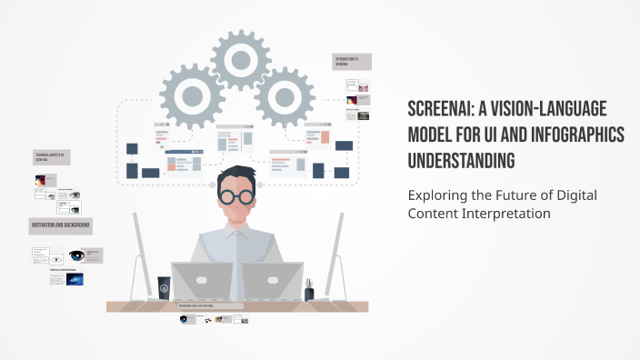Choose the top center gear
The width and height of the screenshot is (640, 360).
[240, 59]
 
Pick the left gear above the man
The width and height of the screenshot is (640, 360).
[193, 94]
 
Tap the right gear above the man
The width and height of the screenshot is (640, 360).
[284, 94]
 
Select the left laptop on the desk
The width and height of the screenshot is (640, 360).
[201, 281]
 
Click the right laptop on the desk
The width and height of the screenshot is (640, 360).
[275, 281]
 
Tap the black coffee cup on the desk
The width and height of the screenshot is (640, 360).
[164, 287]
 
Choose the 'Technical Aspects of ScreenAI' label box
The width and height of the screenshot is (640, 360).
[51, 157]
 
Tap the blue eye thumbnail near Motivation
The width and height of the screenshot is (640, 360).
[76, 255]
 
